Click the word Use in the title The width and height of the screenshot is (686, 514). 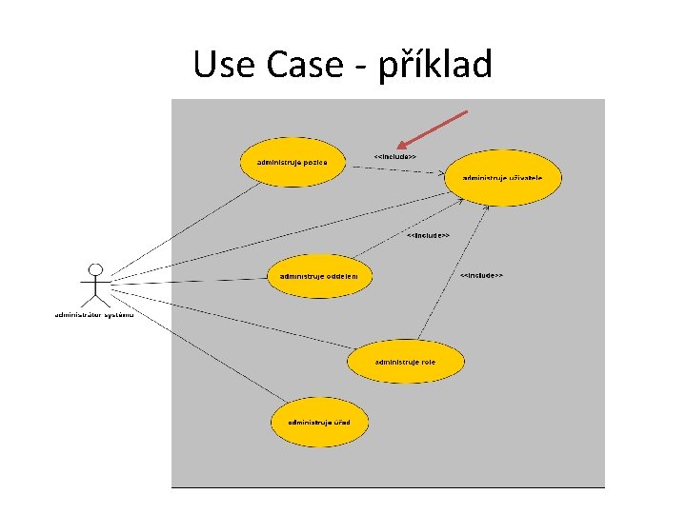(225, 65)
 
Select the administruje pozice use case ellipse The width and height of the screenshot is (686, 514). (292, 163)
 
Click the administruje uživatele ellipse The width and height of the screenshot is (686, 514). (502, 178)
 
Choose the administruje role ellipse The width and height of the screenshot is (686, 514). (405, 362)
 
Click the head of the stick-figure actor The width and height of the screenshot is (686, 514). (94, 269)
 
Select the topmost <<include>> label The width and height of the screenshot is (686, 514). (394, 156)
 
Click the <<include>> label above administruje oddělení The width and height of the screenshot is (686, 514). (428, 235)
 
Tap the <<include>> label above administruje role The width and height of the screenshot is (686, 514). (481, 276)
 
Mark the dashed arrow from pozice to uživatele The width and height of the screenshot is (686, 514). (395, 169)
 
